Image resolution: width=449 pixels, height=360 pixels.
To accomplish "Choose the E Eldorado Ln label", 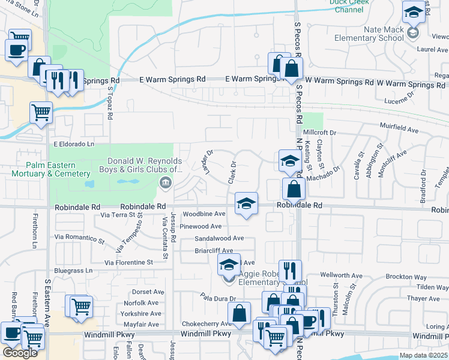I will click(74, 144).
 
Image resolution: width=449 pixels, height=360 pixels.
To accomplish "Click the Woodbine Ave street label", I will click(204, 214).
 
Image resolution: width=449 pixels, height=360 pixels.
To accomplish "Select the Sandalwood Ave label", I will click(218, 238).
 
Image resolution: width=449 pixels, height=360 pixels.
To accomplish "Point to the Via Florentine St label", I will click(128, 263).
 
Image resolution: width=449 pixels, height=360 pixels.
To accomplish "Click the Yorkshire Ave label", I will click(140, 313).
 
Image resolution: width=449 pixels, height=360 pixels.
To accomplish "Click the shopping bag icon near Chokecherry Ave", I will click(239, 313).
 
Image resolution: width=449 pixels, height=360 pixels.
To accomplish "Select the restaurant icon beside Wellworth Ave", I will click(290, 271).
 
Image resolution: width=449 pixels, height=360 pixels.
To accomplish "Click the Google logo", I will click(20, 353).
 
